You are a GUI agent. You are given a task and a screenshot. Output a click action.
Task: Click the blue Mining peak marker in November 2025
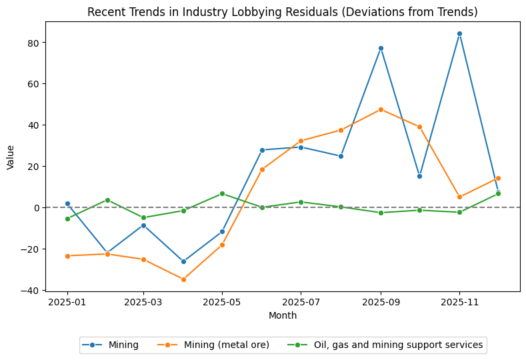459,33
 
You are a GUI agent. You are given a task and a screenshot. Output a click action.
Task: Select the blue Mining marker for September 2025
381,48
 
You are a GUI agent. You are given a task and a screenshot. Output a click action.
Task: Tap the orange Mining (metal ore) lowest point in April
183,279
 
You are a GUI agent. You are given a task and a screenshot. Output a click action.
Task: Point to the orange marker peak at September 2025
381,109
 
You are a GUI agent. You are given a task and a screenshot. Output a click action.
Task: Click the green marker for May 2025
222,193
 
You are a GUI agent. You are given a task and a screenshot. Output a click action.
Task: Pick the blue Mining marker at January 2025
67,203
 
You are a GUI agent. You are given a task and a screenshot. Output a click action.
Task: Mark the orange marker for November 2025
459,197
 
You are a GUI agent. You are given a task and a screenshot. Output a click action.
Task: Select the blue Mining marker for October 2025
419,176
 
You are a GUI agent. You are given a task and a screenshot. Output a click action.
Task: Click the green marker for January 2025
67,219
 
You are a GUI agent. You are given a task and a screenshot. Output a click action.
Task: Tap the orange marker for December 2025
498,178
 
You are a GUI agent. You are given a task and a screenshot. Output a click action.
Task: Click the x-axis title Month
283,316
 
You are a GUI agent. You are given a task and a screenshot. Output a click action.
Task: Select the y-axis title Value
10,157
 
